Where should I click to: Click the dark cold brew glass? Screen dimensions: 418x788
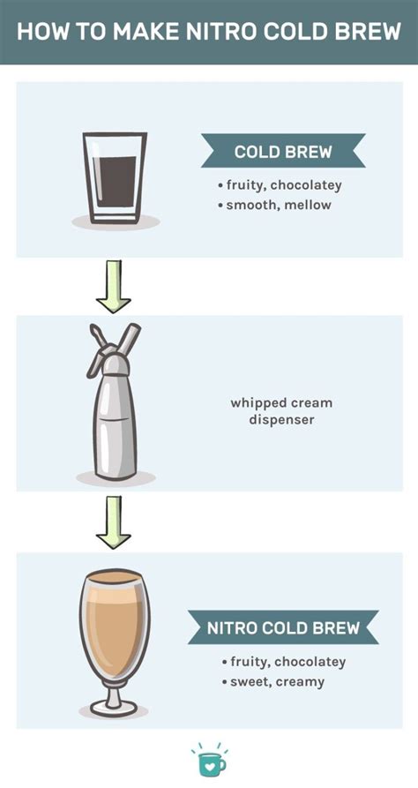click(x=115, y=177)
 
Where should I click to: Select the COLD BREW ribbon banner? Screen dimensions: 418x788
click(x=283, y=151)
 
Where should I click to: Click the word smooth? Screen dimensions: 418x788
click(x=255, y=205)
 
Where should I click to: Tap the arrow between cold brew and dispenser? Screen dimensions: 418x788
click(x=114, y=287)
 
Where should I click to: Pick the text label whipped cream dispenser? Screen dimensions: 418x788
click(x=281, y=411)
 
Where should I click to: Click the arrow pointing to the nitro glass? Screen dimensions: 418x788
click(x=114, y=522)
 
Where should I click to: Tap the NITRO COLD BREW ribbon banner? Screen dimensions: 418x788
click(x=283, y=627)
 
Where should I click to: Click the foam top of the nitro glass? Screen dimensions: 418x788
click(x=115, y=578)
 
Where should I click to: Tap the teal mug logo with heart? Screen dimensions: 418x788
click(x=210, y=761)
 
